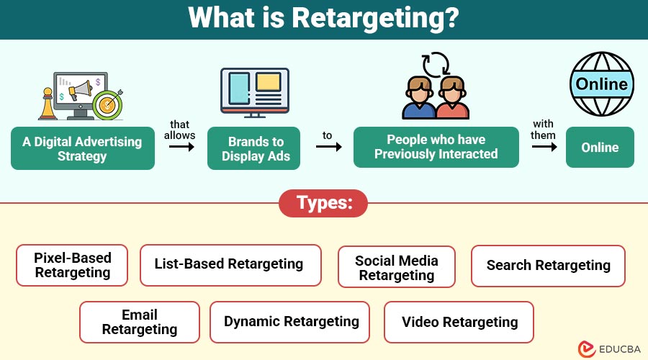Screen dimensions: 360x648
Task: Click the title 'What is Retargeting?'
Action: tap(323, 19)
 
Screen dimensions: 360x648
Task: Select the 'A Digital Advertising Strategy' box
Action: tap(82, 148)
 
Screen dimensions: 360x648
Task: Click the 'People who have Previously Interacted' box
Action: tap(436, 147)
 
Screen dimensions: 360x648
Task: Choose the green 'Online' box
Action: tap(600, 147)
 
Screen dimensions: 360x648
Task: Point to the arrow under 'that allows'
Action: tap(182, 147)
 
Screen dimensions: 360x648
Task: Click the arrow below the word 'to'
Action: tap(328, 147)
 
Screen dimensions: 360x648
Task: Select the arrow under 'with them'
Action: tap(544, 147)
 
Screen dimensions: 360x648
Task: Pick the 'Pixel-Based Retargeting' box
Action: tap(72, 265)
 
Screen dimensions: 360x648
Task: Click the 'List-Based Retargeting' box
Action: tap(228, 265)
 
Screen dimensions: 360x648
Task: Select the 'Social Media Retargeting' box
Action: tap(396, 268)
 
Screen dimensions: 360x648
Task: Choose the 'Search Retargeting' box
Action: tap(548, 266)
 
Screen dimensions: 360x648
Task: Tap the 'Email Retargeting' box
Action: tap(139, 322)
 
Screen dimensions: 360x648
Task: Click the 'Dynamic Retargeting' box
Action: tap(290, 322)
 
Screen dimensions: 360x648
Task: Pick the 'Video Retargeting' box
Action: tap(459, 322)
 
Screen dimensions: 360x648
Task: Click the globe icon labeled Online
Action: tap(601, 86)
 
